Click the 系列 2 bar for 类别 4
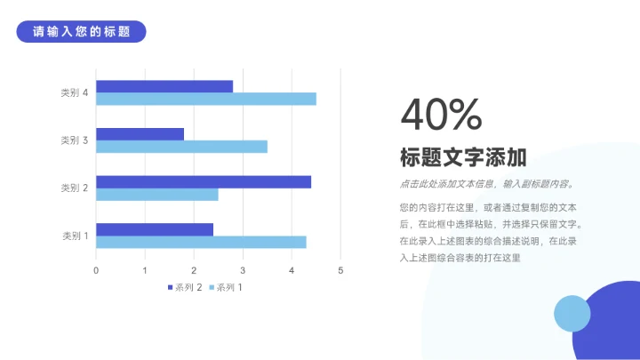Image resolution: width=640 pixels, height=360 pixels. pyautogui.click(x=164, y=86)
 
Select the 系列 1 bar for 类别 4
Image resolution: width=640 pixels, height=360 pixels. pyautogui.click(x=206, y=99)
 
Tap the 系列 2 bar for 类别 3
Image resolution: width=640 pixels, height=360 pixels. pyautogui.click(x=140, y=134)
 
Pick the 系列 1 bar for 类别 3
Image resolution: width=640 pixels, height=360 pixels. pyautogui.click(x=181, y=147)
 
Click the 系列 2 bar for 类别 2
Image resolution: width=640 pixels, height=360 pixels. pyautogui.click(x=204, y=181)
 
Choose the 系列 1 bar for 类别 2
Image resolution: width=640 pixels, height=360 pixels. pyautogui.click(x=157, y=194)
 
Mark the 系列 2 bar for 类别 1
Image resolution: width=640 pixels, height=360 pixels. pyautogui.click(x=155, y=229)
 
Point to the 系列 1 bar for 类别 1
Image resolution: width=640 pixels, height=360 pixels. pyautogui.click(x=201, y=242)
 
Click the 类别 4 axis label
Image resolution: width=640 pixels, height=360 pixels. pyautogui.click(x=74, y=92)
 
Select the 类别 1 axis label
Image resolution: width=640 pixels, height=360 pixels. pyautogui.click(x=75, y=236)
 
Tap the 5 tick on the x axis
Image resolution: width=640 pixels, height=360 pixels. pyautogui.click(x=340, y=270)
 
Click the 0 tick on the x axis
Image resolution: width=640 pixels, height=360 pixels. pyautogui.click(x=96, y=270)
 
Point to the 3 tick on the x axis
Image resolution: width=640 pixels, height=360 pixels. pyautogui.click(x=243, y=270)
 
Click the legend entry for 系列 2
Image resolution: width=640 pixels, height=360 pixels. pyautogui.click(x=185, y=287)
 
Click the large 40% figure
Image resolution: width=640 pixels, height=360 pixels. pyautogui.click(x=441, y=115)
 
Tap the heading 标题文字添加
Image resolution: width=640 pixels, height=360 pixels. pyautogui.click(x=463, y=158)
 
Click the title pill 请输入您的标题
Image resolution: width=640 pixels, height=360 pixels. pyautogui.click(x=81, y=32)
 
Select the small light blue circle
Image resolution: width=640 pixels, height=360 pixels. pyautogui.click(x=572, y=313)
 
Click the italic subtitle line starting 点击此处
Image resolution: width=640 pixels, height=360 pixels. pyautogui.click(x=486, y=185)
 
